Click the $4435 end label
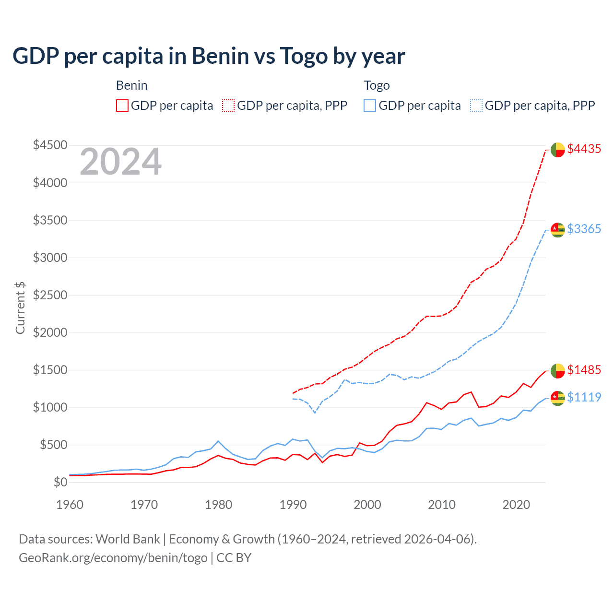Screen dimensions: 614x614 [x=584, y=149]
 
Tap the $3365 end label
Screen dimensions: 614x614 [x=584, y=229]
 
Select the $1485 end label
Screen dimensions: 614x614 [x=584, y=370]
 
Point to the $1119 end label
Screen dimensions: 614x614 [x=584, y=398]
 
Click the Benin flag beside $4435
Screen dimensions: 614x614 [x=557, y=150]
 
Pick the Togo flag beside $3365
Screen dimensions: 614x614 [x=557, y=230]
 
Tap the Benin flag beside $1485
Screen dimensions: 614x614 [x=557, y=371]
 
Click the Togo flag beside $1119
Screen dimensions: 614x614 [x=557, y=398]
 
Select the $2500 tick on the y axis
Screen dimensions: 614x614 [x=50, y=295]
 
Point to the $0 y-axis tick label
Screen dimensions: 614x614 [x=60, y=482]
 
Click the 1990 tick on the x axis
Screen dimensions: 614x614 [x=293, y=505]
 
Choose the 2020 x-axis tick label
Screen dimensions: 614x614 [x=516, y=505]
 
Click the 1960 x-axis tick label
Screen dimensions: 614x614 [x=70, y=505]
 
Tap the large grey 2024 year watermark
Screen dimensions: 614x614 [x=121, y=162]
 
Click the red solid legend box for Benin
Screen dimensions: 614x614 [x=122, y=106]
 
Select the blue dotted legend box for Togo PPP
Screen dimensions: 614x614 [x=476, y=106]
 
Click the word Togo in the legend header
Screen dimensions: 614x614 [x=377, y=86]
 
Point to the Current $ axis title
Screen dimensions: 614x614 [x=20, y=308]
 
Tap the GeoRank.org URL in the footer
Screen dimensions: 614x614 [x=113, y=558]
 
